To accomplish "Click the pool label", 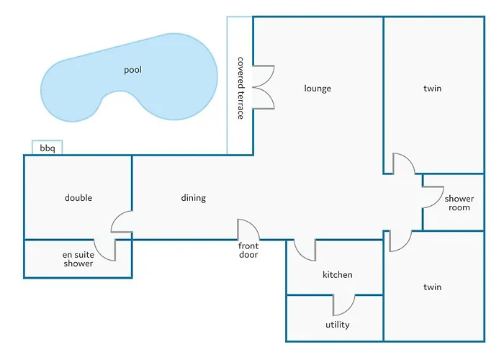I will [132, 70].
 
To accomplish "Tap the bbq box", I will [48, 148].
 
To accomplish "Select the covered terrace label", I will [240, 89].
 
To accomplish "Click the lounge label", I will [318, 89].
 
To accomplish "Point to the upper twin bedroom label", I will [432, 89].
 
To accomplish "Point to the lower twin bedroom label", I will [432, 287].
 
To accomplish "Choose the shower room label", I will [459, 203].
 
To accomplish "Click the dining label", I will [193, 198].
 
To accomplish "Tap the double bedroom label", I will [78, 198].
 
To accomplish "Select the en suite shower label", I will [78, 258].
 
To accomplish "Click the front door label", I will [248, 250].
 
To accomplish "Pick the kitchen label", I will [337, 275].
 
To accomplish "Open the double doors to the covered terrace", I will [264, 87].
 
